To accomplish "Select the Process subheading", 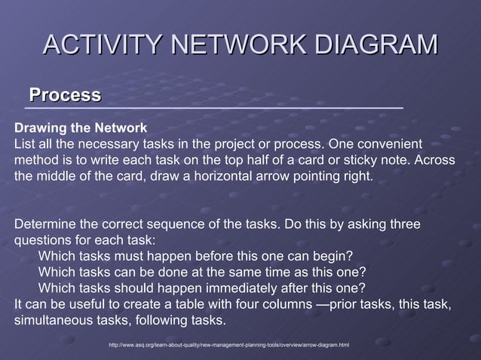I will coord(65,95).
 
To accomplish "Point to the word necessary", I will coord(101,143).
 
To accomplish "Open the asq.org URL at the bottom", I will coord(229,345).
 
